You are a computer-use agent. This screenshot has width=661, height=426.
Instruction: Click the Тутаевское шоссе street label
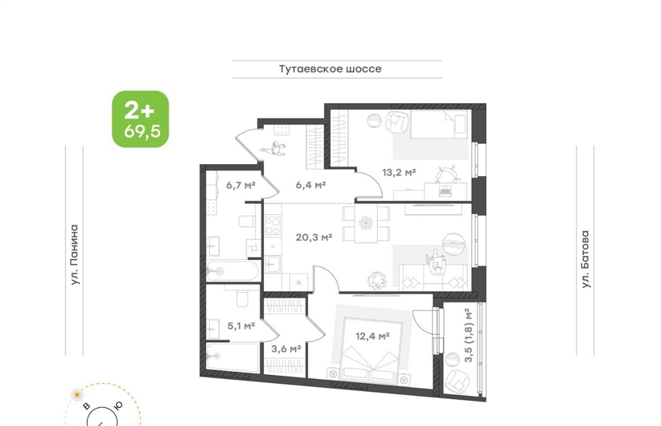coord(330,68)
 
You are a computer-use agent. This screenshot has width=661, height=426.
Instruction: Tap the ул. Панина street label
coord(74,254)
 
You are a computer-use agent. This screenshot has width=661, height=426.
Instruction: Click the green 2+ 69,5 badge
coord(140,119)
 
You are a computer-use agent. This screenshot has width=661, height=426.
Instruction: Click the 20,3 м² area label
coord(314,238)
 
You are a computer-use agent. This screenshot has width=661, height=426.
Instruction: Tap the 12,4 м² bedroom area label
coord(372,336)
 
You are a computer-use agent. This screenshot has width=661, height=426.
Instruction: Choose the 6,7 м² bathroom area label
coord(241,185)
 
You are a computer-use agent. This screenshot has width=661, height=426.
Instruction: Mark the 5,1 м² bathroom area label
coord(241,325)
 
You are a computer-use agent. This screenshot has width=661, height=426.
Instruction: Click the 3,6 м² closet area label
coord(286,349)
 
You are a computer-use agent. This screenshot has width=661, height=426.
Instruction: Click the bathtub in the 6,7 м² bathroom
coord(233,271)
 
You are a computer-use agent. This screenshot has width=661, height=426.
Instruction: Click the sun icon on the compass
coord(77,394)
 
